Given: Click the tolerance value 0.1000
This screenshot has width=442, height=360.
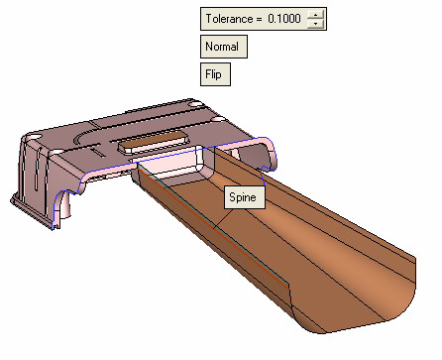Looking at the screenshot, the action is coord(284,19).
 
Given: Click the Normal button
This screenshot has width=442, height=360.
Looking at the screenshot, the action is coord(224,47).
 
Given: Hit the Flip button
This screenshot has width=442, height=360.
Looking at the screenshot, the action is coord(215,74).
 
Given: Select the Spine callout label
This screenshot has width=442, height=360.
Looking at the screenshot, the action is coord(245,197).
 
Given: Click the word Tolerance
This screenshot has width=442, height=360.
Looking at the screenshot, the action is coord(229,19).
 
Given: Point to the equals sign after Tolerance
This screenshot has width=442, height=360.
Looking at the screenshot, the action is coord(259,19).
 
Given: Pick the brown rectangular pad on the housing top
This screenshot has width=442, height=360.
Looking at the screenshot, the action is coord(154,142).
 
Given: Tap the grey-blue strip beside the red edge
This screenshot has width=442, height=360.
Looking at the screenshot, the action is coord(214,225).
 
